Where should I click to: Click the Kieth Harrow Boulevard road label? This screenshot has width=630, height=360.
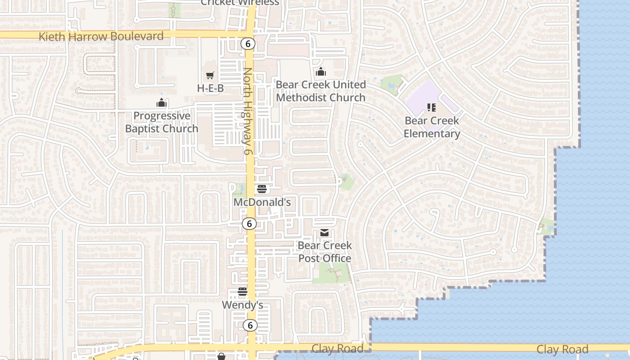click(x=101, y=36)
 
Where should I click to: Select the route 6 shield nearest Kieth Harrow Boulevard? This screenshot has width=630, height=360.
click(x=247, y=44)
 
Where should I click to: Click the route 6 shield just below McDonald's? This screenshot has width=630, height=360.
click(x=249, y=223)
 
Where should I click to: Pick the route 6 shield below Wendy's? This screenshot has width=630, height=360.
click(x=250, y=325)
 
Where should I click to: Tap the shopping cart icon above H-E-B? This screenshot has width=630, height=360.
click(x=210, y=75)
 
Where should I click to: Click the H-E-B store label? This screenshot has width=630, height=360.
click(x=210, y=88)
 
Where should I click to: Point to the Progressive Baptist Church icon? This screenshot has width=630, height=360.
click(x=162, y=103)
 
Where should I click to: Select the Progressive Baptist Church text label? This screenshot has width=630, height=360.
click(x=162, y=122)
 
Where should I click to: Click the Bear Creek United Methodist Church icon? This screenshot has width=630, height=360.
click(x=321, y=72)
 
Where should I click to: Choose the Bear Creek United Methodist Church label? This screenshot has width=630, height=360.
click(x=321, y=91)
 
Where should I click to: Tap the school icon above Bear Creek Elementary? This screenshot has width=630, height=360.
click(x=432, y=108)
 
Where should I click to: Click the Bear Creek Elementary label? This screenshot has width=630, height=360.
click(x=432, y=127)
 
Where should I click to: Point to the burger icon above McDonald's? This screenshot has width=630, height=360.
click(x=262, y=189)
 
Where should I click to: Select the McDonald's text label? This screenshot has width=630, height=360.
click(x=262, y=202)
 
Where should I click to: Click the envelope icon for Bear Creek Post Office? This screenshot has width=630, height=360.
click(x=324, y=233)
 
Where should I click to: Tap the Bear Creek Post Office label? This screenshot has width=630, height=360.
click(x=324, y=252)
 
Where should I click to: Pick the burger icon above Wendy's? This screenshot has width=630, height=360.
click(x=243, y=292)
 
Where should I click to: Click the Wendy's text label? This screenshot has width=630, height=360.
click(x=243, y=305)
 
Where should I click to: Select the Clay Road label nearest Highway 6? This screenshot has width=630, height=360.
click(x=337, y=349)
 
